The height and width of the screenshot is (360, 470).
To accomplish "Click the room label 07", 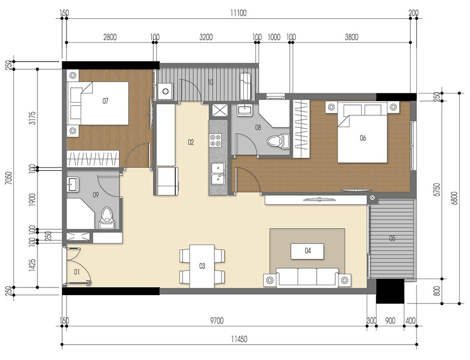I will point(106,101).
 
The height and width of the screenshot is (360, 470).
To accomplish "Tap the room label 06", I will point(362,138).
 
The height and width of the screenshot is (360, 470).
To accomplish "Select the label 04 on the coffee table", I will point(307,251).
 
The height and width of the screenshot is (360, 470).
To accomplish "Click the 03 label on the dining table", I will point(202,266).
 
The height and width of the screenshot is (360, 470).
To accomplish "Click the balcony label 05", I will point(392,239).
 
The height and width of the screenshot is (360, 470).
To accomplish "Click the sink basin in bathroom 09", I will point(74,184).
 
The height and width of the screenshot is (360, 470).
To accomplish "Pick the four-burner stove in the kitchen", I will point(216,140).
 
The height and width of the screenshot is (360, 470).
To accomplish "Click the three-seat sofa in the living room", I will point(307,277).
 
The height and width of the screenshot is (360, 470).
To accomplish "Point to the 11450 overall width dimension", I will point(238,339).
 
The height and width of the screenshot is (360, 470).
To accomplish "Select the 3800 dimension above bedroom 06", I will point(351,37).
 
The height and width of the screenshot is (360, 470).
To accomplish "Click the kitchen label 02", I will point(191,142).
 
